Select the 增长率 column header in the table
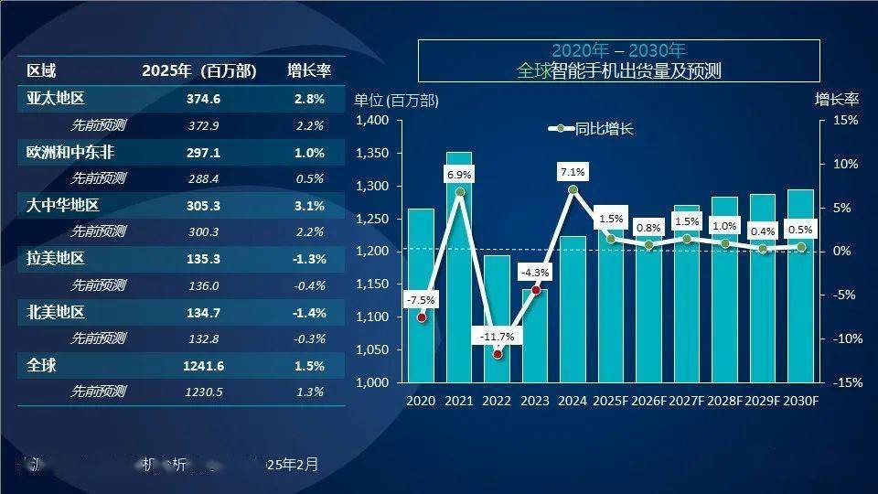[x=309, y=71]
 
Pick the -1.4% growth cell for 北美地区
[x=309, y=313]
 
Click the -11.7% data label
[x=498, y=337]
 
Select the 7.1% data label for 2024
[x=573, y=171]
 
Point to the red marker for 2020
[x=422, y=317]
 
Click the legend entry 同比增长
[x=593, y=129]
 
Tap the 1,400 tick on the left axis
[x=372, y=121]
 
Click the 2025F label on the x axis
[x=611, y=401]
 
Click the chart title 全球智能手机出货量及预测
[x=618, y=70]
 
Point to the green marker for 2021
[x=459, y=192]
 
